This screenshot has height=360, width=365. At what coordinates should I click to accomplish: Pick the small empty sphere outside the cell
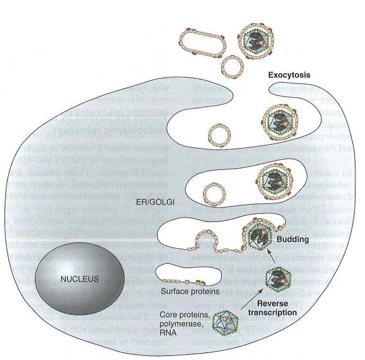click(x=230, y=63)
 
